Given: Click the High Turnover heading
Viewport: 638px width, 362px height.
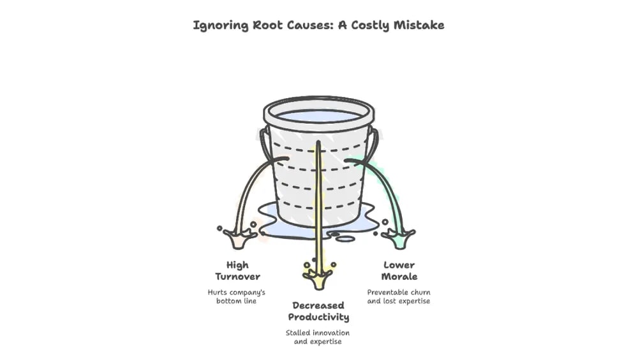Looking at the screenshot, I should (237, 270).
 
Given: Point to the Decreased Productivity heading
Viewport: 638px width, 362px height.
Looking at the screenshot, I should (318, 311).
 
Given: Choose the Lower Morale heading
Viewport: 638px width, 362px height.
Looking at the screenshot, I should (399, 270).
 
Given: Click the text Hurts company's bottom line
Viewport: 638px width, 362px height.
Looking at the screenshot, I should (236, 296).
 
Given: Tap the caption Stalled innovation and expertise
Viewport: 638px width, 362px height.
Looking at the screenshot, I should (318, 337).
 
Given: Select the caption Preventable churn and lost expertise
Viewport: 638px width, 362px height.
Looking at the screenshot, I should (399, 296).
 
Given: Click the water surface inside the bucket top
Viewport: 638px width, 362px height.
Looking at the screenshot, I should (318, 116).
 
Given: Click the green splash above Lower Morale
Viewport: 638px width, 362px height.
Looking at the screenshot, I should (399, 239).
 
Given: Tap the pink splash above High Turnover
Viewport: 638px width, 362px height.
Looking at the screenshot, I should (237, 239).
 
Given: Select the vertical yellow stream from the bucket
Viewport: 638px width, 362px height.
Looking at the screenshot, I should (318, 204).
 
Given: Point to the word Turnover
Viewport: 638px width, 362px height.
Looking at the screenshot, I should (237, 276).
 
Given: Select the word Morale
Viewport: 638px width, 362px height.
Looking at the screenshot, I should (399, 276).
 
